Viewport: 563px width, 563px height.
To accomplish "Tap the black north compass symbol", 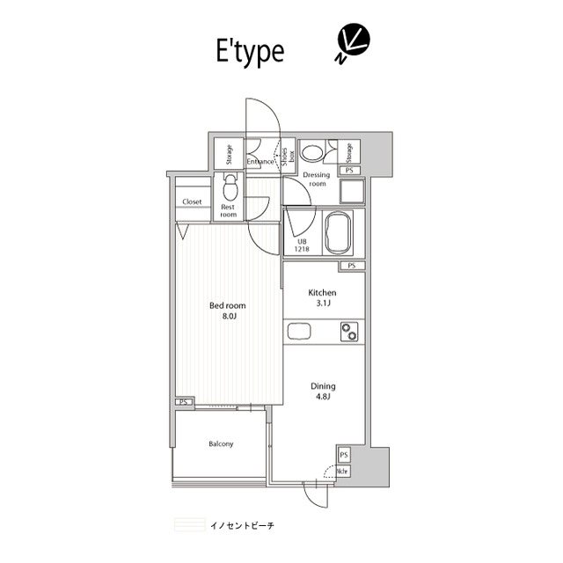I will [352, 42].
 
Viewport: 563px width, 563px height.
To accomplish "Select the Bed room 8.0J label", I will [227, 311].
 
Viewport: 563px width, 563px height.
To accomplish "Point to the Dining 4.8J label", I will [322, 390].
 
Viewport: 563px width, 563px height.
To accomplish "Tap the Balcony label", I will [221, 444].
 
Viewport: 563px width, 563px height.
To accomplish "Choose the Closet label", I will [192, 201].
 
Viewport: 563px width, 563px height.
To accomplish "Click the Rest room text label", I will [229, 210].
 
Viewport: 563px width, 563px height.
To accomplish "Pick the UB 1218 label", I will [302, 245].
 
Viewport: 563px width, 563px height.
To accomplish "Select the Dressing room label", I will [315, 179].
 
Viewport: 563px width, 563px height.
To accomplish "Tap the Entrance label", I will [260, 161].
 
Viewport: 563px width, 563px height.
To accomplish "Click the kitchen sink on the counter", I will [296, 333].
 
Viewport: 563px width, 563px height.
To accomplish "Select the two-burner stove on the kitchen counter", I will [351, 333].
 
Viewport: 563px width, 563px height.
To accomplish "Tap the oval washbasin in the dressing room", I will [311, 153].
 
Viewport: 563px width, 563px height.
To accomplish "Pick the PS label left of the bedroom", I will [184, 402].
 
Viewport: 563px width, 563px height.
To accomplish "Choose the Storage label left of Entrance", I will [229, 154].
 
